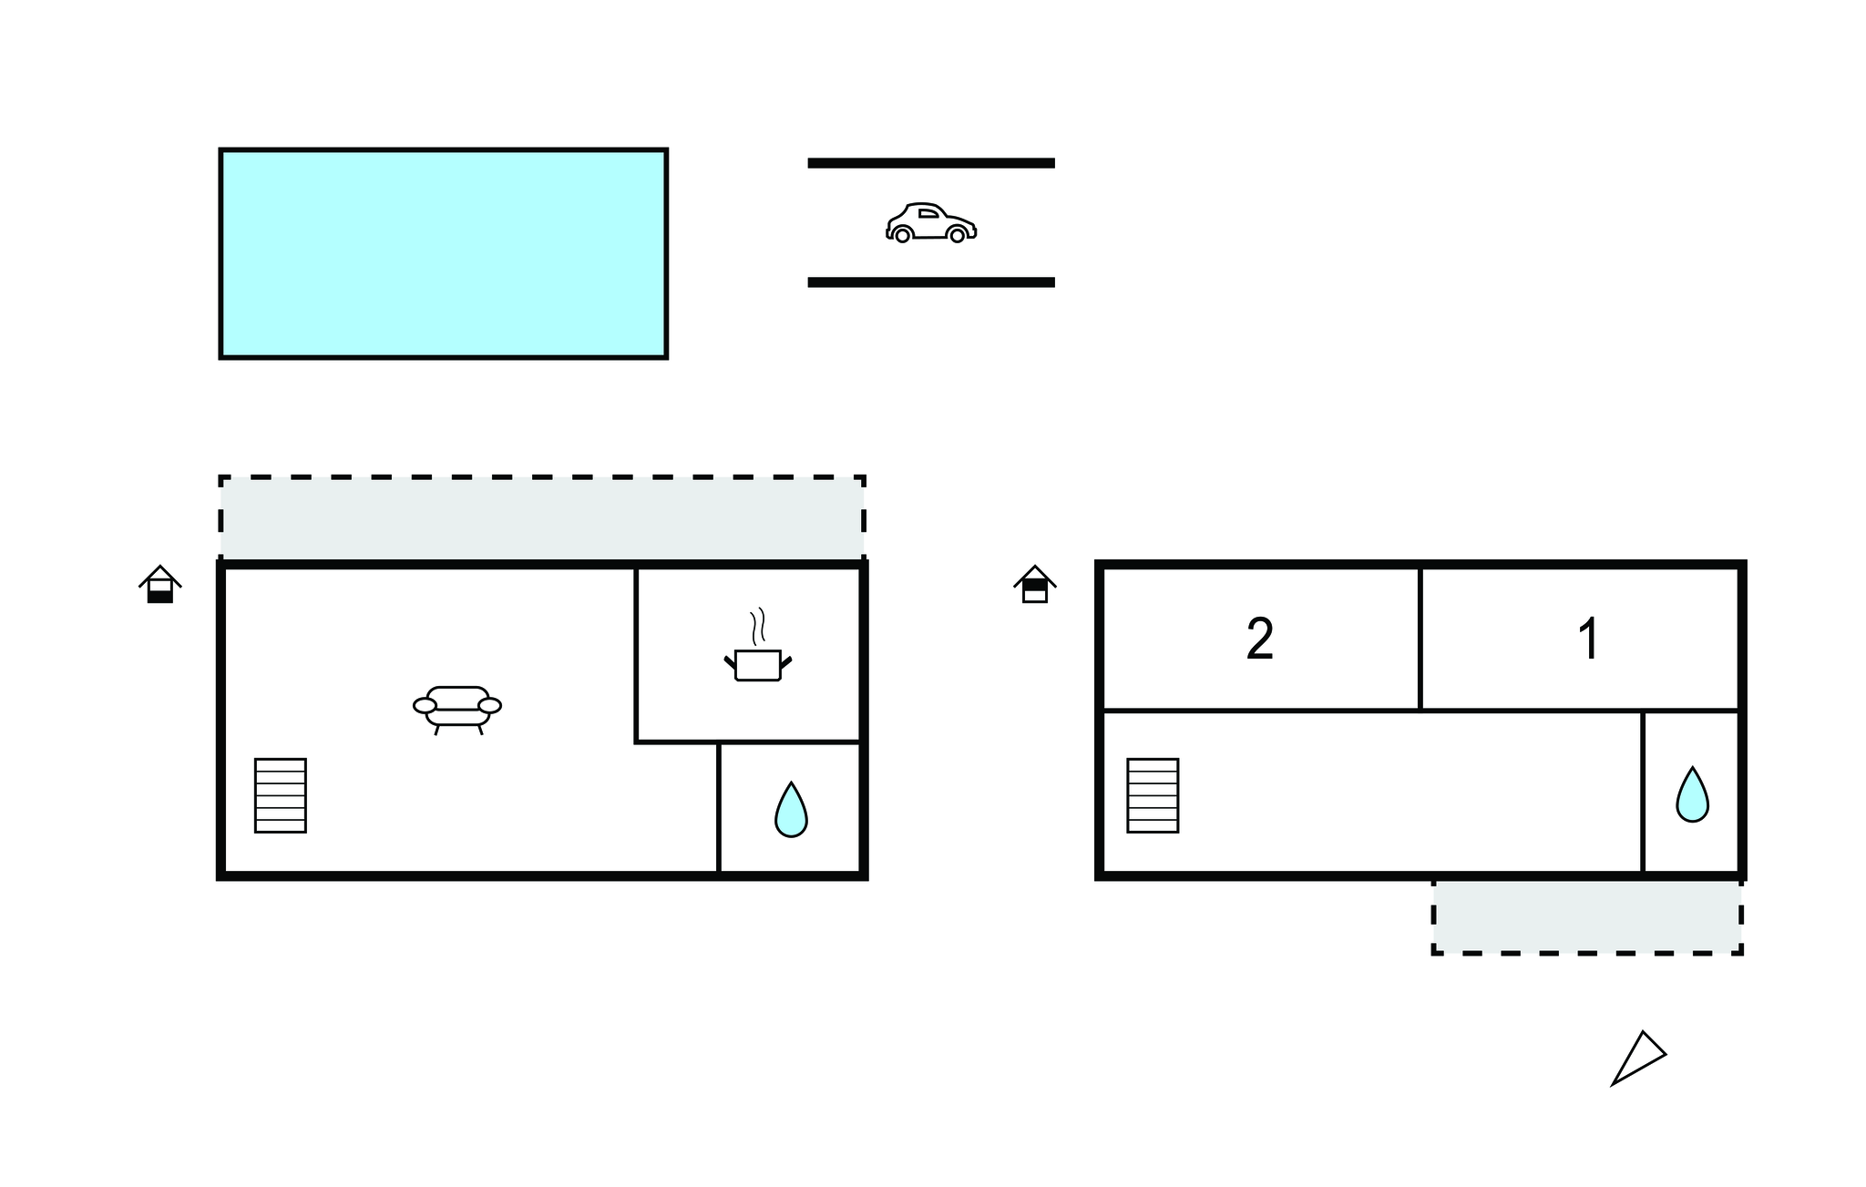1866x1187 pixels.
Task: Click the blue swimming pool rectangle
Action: point(444,253)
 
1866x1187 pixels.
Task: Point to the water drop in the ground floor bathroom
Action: point(791,810)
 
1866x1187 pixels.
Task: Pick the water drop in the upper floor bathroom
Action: point(1692,794)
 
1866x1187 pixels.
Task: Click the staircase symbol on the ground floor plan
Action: point(281,795)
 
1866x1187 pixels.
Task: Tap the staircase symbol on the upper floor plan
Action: point(1153,795)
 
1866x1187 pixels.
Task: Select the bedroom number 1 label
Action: point(1588,639)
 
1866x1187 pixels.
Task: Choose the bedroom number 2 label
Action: point(1260,639)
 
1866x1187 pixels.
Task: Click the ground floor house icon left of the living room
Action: point(160,584)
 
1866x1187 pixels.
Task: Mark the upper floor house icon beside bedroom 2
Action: point(1035,584)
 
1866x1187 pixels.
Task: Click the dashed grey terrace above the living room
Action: point(542,517)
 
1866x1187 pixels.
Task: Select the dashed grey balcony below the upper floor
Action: point(1587,916)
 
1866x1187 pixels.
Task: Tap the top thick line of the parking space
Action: point(931,163)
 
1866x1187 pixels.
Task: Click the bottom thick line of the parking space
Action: point(931,282)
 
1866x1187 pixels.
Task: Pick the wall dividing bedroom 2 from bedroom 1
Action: point(1420,639)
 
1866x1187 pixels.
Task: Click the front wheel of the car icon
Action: point(957,236)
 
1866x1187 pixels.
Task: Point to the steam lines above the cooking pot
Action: point(757,627)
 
